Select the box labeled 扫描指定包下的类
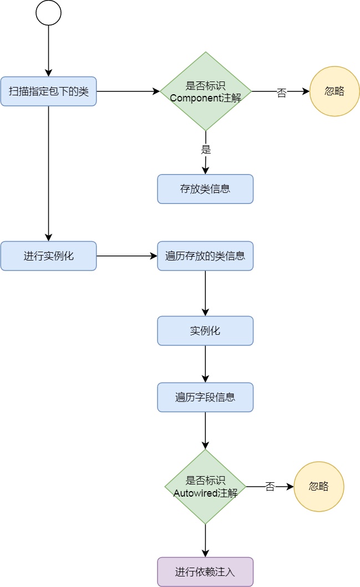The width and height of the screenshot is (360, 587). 48,91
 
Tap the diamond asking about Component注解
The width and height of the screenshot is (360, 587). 206,91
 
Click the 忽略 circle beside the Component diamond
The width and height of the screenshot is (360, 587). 334,91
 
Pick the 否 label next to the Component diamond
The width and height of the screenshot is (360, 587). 282,92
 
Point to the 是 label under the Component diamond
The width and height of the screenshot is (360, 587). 206,149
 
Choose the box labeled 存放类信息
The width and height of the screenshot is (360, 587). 205,189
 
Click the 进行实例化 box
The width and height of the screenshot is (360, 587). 48,256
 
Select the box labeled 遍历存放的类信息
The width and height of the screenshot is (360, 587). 205,256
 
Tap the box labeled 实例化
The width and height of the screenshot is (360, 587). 205,330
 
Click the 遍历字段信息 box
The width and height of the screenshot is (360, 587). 205,397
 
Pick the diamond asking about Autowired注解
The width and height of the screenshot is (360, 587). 205,487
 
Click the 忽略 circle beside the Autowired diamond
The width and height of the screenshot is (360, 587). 319,487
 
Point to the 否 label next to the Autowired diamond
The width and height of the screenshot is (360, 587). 270,487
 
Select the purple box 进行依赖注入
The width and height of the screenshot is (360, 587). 205,571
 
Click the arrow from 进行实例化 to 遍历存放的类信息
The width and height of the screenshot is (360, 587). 127,256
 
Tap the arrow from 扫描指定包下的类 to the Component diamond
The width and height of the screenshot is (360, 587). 128,91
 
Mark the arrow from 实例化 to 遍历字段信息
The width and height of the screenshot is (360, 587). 205,364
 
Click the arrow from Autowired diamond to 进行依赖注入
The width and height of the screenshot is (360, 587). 205,540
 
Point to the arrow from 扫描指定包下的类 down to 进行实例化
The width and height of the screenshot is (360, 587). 48,173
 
